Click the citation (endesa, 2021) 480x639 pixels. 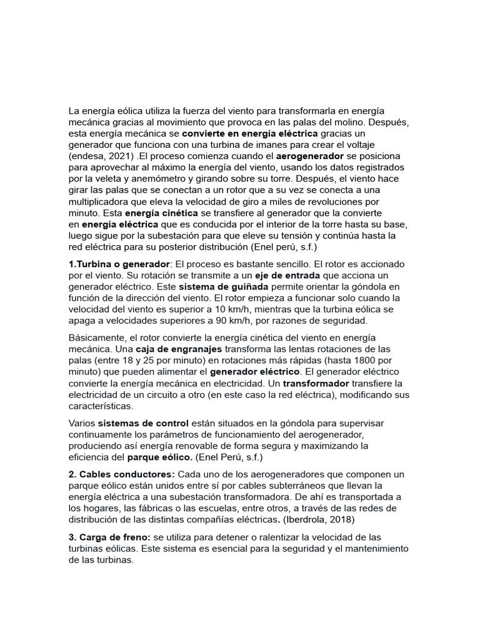(101, 156)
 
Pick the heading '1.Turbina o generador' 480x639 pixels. (118, 265)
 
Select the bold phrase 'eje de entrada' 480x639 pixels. (289, 276)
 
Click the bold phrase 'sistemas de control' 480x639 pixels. (143, 423)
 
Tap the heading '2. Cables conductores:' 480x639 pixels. (122, 474)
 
